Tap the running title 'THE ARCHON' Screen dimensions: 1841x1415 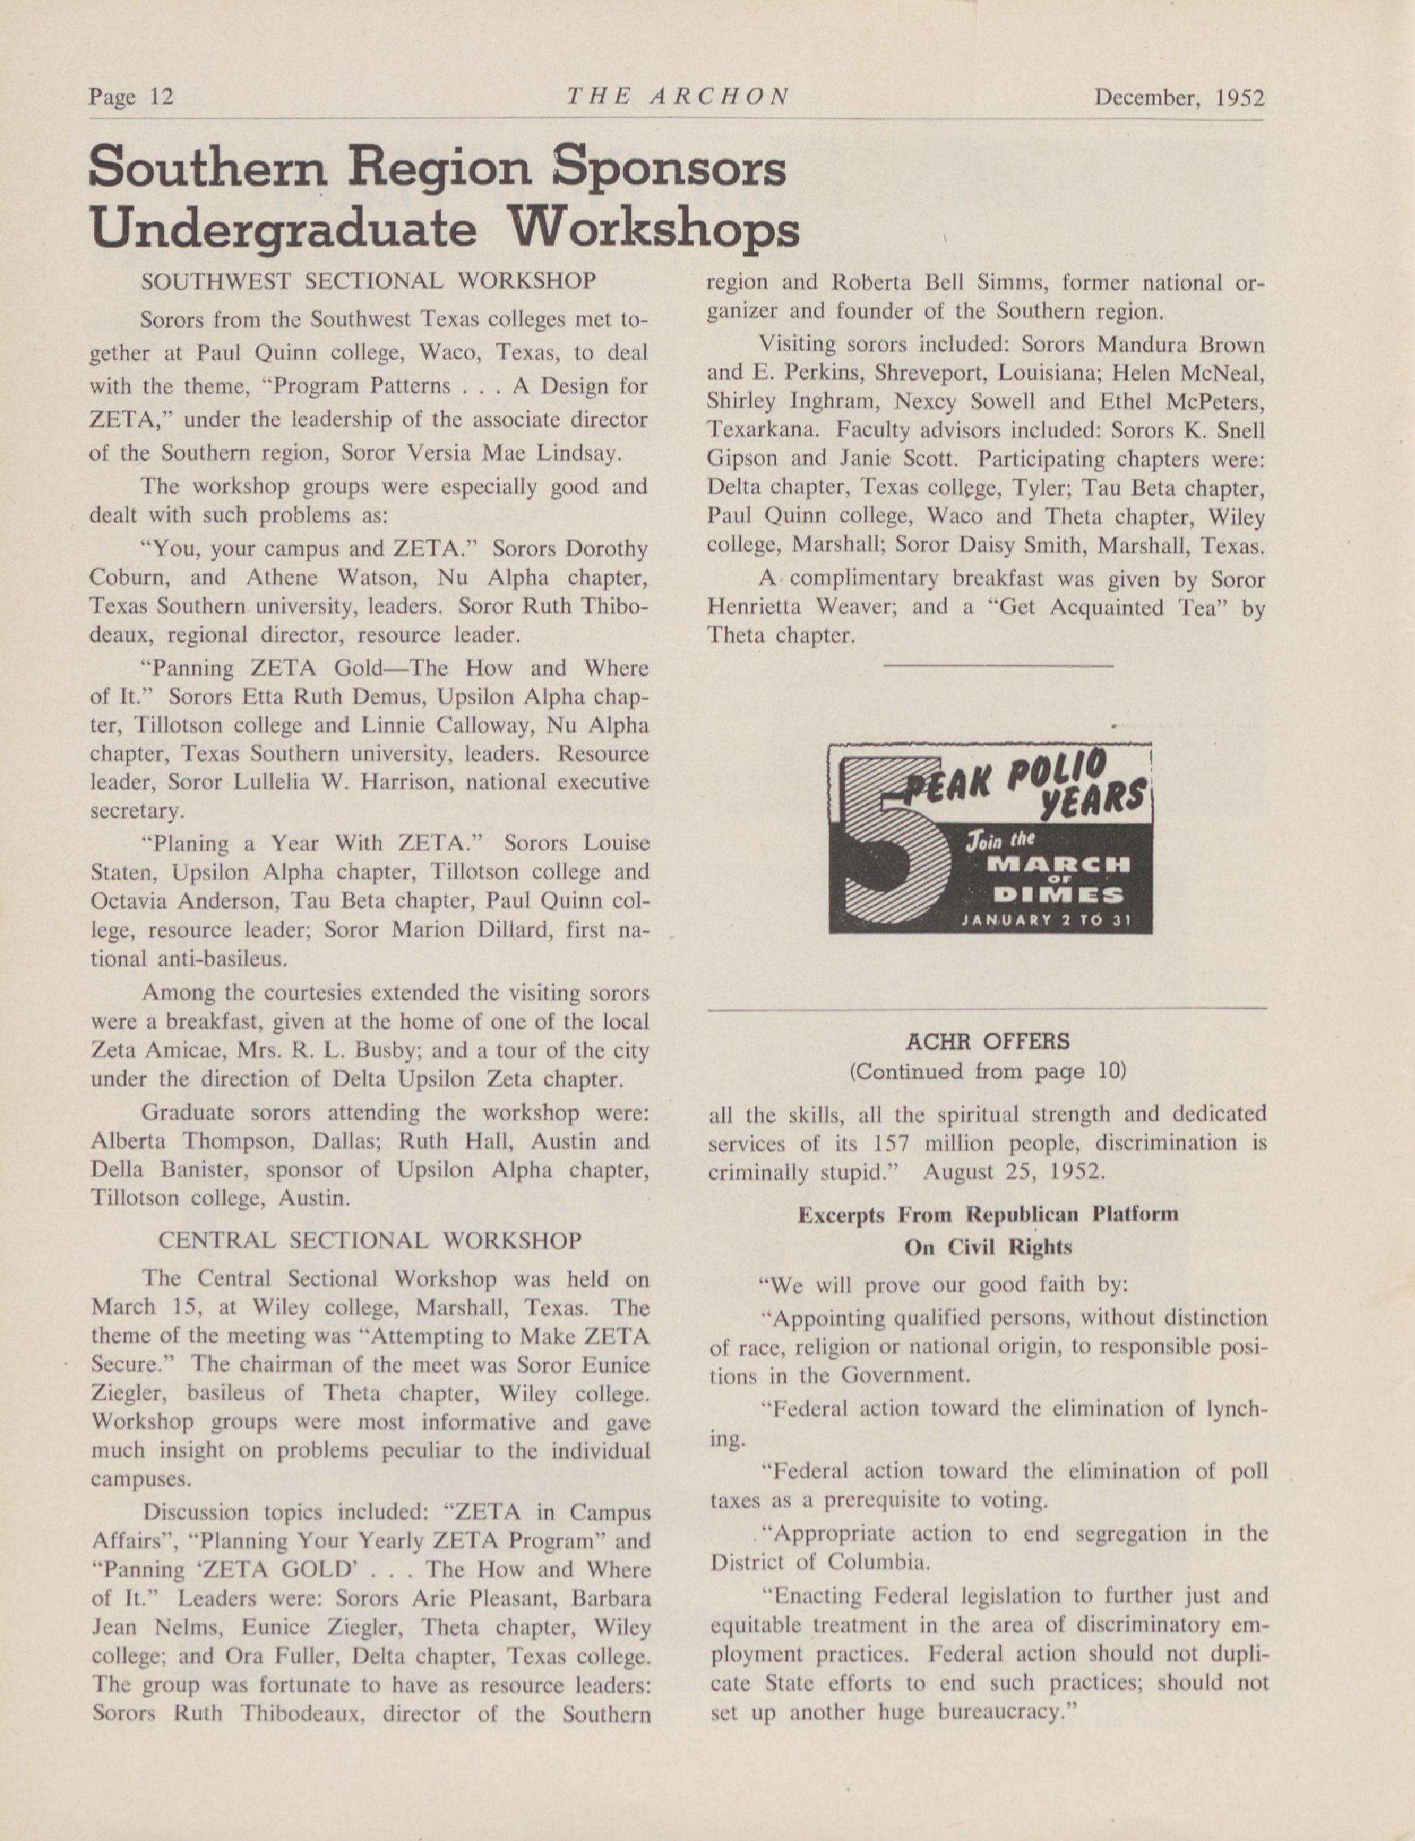pos(678,97)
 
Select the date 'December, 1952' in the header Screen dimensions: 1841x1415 pos(1179,98)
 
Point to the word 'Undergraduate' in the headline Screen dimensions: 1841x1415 pos(282,229)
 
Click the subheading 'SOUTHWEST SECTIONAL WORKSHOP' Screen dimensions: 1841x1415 pos(369,281)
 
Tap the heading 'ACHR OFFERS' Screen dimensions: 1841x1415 pos(987,1042)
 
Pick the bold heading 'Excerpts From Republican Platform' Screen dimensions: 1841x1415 pos(987,1215)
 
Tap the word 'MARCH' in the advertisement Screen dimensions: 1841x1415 pos(1058,864)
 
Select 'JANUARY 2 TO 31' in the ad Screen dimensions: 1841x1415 pos(1046,920)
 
